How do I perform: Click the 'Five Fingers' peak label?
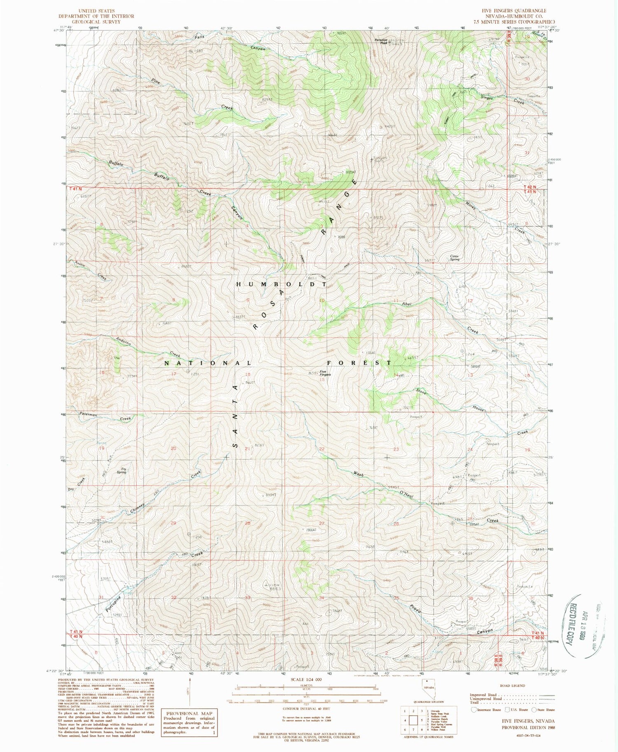pyautogui.click(x=325, y=373)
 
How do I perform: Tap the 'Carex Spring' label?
pyautogui.click(x=454, y=258)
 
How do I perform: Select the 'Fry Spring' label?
pyautogui.click(x=121, y=470)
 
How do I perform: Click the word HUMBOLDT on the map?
pyautogui.click(x=282, y=284)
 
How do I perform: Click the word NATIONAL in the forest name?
pyautogui.click(x=208, y=363)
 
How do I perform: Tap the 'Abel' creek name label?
pyautogui.click(x=407, y=304)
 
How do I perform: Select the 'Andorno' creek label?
pyautogui.click(x=123, y=341)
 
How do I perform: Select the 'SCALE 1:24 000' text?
pyautogui.click(x=308, y=679)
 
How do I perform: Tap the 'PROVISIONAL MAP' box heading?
pyautogui.click(x=190, y=713)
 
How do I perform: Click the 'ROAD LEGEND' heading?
pyautogui.click(x=513, y=686)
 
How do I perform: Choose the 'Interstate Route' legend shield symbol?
pyautogui.click(x=474, y=710)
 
